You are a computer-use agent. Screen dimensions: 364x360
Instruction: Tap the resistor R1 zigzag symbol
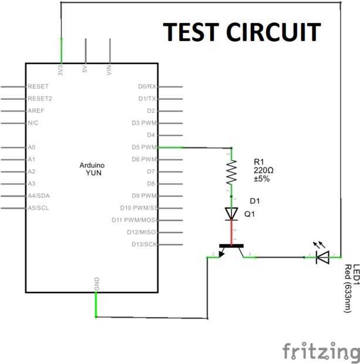coord(231,172)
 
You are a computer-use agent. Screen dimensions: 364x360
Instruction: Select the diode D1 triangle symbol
coord(231,214)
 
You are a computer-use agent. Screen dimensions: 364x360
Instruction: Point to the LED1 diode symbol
coord(322,256)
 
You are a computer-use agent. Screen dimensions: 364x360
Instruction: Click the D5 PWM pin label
coord(144,147)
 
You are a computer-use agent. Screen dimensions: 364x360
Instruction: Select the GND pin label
coord(97,284)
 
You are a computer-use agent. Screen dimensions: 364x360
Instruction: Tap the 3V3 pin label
coord(61,70)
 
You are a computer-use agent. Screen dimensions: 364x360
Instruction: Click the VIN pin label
coord(110,70)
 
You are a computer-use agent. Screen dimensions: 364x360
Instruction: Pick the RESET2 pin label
coord(40,99)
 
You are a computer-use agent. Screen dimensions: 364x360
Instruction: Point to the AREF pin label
coord(36,111)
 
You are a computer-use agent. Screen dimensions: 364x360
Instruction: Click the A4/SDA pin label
coord(39,196)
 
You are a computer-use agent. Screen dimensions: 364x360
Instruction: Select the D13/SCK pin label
coord(144,244)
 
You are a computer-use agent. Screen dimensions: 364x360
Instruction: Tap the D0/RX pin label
coord(147,86)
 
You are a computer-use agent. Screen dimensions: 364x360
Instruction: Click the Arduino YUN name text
coord(90,170)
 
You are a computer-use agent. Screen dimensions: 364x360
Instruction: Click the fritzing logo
coord(321,351)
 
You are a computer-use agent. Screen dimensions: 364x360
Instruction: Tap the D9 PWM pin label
coord(144,196)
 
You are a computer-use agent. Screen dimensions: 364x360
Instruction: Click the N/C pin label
coord(33,123)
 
